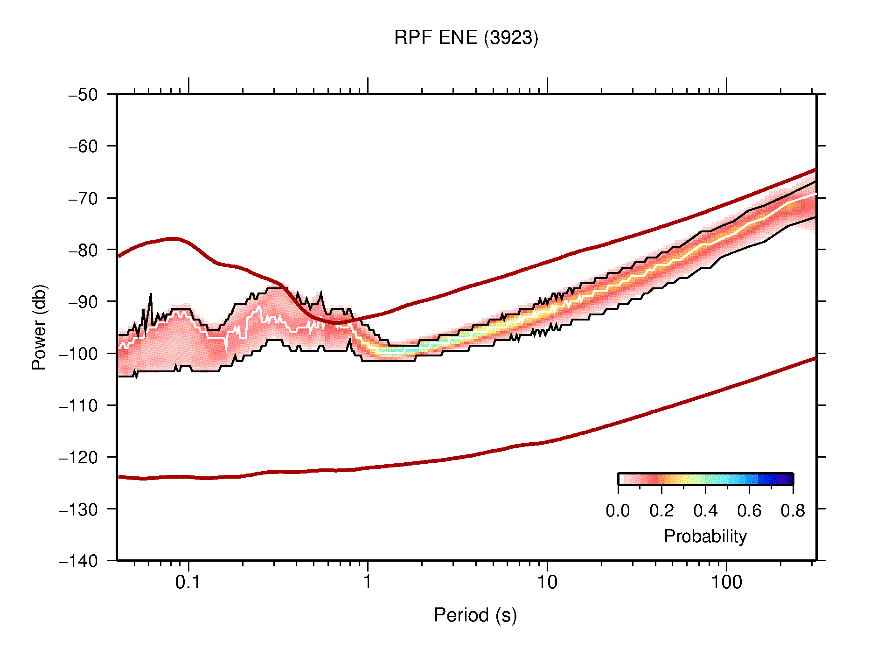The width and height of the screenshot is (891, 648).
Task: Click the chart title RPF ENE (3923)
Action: tap(466, 38)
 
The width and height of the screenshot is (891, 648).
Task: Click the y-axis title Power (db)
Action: tap(39, 327)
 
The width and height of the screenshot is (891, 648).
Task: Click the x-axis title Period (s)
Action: tap(475, 615)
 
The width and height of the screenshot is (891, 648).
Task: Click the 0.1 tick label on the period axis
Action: tap(188, 582)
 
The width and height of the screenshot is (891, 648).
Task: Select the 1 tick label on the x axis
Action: tap(368, 582)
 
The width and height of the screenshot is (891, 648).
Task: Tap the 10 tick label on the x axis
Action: tap(547, 582)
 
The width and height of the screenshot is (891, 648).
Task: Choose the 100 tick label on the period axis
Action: tap(726, 582)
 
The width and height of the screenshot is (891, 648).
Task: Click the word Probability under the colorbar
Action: tap(705, 536)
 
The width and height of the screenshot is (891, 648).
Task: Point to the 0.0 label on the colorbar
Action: tap(618, 511)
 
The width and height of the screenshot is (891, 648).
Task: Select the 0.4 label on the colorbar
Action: tap(705, 511)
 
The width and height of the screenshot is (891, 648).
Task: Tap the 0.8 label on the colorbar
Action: tap(793, 511)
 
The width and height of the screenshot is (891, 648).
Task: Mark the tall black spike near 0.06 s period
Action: tap(151, 295)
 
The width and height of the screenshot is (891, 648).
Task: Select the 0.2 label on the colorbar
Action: tap(661, 511)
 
